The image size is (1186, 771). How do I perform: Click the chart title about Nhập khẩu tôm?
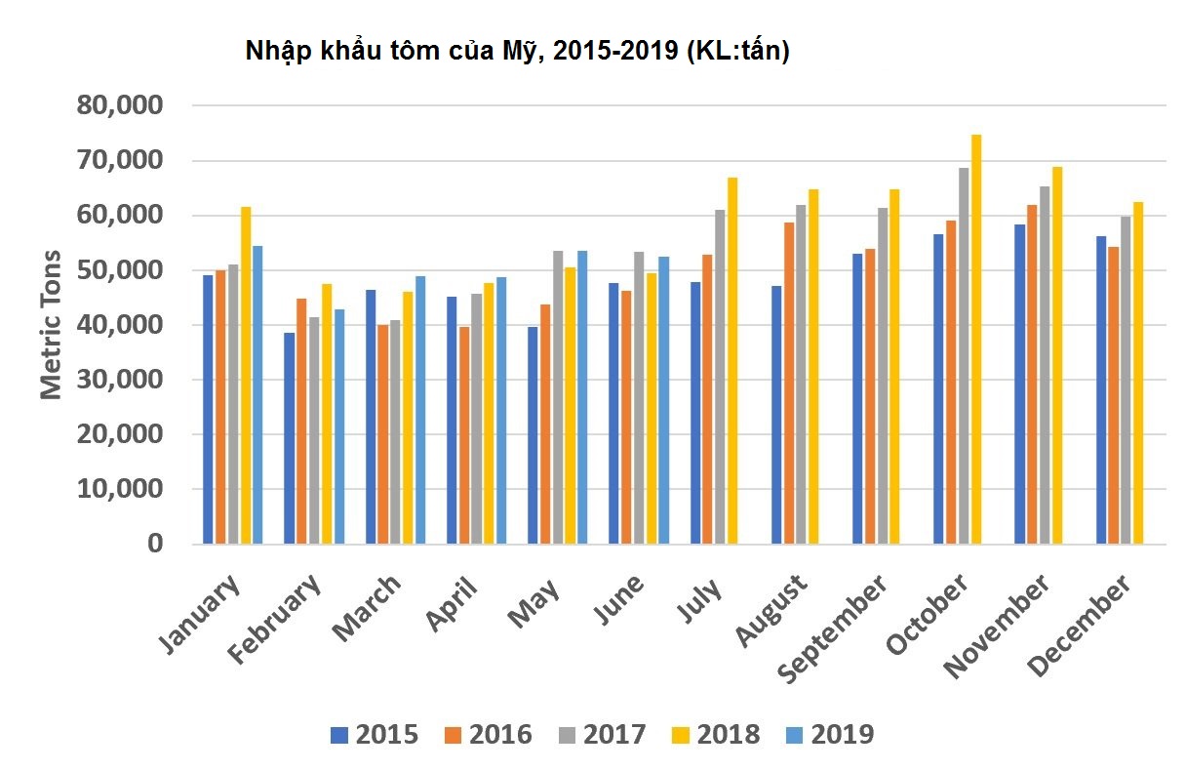(x=517, y=51)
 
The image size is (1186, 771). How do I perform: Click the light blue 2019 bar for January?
(x=257, y=394)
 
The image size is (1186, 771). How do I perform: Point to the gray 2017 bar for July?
(x=720, y=377)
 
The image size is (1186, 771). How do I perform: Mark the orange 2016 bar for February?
(x=301, y=421)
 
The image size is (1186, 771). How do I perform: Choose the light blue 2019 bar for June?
(x=663, y=400)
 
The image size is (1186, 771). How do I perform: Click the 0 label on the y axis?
(x=154, y=544)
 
